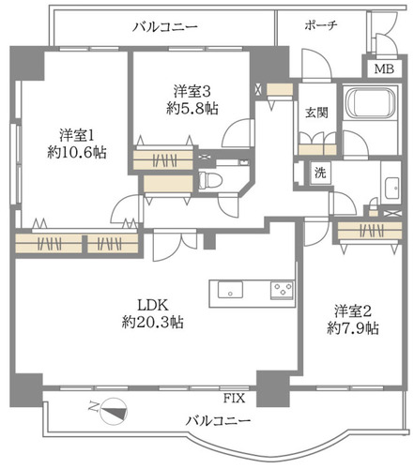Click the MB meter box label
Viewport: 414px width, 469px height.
point(384,68)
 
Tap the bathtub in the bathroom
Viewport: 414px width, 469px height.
point(371,103)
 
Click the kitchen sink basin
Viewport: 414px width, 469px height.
point(230,290)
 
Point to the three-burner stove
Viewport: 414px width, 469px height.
point(283,290)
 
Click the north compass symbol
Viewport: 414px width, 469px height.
point(112,411)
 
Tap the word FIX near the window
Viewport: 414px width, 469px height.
point(234,399)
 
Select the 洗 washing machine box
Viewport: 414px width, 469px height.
point(320,173)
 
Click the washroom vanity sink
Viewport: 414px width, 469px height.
point(391,189)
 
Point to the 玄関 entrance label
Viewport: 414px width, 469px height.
point(316,113)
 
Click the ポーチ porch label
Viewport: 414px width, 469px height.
point(321,25)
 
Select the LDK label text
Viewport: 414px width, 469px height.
point(153,305)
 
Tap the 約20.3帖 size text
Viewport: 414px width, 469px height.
point(153,322)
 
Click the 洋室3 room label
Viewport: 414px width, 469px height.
point(192,91)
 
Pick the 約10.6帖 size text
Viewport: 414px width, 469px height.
point(77,153)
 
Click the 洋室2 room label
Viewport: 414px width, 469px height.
point(353,311)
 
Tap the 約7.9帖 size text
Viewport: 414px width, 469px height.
point(353,328)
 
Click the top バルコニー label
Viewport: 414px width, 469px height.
point(165,26)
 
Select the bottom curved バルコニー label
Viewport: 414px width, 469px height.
point(218,421)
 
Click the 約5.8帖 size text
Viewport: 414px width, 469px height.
point(192,109)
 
